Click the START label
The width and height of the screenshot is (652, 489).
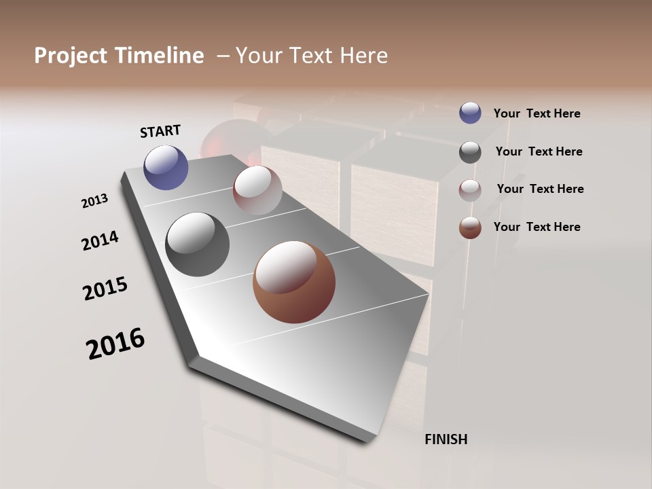160,131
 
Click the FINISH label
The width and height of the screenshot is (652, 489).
446,439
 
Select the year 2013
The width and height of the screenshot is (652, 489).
94,201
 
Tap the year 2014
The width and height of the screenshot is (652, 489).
100,240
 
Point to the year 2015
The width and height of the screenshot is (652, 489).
105,289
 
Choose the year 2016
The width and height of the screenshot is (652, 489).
115,343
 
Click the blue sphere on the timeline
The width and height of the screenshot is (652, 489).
166,167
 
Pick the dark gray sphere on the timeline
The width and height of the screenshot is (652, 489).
197,244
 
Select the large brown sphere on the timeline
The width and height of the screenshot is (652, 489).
294,282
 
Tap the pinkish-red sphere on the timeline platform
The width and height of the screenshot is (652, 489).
257,190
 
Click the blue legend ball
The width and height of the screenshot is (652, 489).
470,113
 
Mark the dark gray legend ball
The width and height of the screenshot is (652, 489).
470,152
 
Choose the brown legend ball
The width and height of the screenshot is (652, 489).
470,228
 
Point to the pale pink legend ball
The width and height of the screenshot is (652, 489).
470,190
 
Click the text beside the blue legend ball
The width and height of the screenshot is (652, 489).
537,113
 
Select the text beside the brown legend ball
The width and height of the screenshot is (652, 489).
537,227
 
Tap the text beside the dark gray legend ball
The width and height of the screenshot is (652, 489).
539,151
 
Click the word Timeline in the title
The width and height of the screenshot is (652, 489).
160,56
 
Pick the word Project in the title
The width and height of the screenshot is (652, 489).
69,56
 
